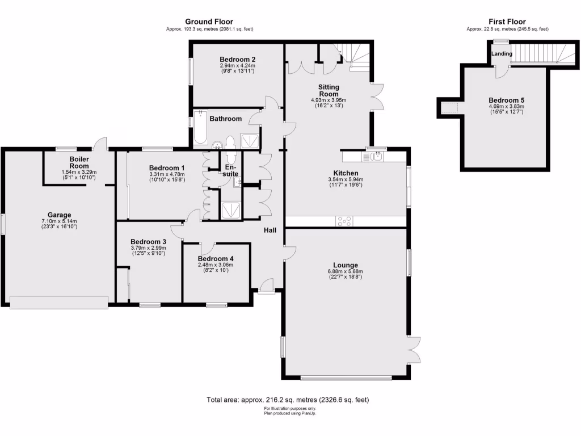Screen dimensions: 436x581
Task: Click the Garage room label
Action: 59,215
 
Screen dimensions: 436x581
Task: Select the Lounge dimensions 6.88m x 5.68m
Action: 345,271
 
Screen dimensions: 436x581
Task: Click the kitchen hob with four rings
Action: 344,221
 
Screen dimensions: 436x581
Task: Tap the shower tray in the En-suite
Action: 231,209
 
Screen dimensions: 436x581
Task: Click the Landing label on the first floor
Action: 502,54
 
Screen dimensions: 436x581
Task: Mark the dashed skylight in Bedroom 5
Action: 450,107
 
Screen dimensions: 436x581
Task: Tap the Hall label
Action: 270,230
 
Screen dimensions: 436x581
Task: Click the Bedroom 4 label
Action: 215,258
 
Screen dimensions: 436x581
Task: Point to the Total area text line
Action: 290,400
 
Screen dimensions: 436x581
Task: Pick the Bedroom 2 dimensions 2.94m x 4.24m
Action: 237,65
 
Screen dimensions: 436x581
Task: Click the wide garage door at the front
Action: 59,303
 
